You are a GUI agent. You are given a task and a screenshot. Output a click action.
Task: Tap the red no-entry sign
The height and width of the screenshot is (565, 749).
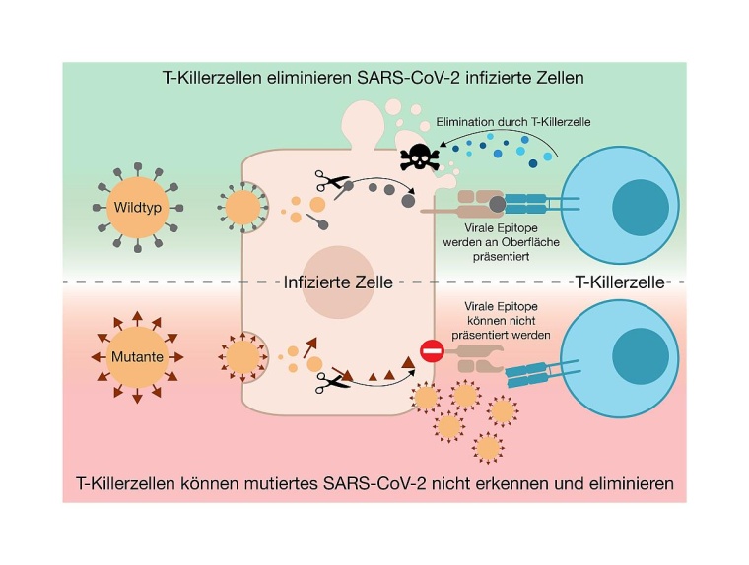431,348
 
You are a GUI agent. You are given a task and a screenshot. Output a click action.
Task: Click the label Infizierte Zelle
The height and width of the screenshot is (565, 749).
339,282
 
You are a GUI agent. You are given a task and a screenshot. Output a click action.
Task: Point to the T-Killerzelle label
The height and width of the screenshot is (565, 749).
620,282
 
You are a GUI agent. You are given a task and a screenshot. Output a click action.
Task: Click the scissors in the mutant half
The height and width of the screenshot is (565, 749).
324,386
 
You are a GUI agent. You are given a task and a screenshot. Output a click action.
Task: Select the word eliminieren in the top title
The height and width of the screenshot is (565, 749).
306,76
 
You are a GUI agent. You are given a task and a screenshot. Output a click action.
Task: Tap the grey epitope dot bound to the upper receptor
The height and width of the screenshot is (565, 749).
499,204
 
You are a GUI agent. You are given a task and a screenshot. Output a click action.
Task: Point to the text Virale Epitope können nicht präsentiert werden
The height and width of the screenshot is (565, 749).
504,321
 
